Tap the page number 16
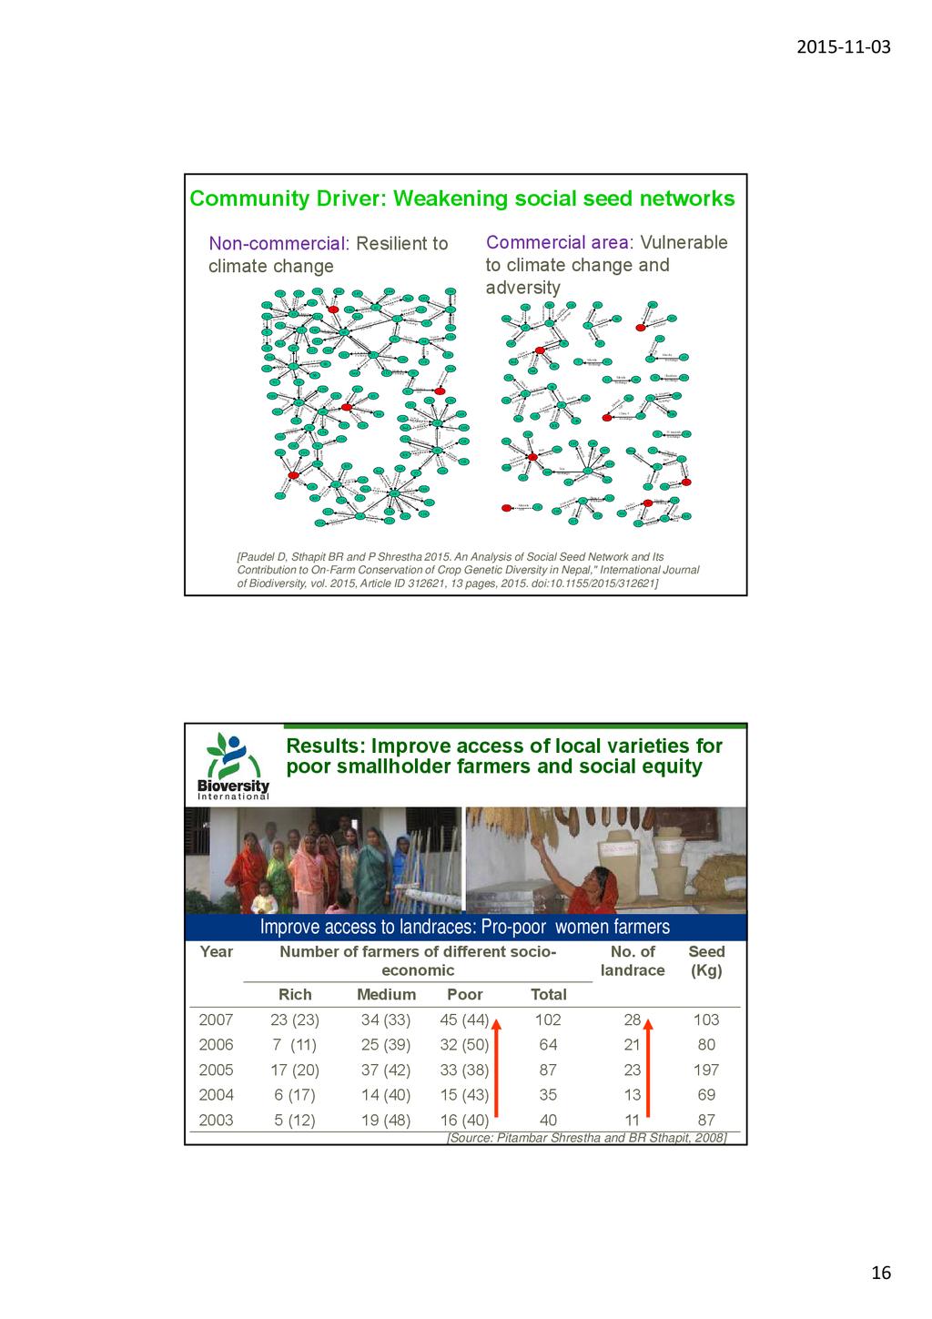880,1273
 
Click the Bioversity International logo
233,766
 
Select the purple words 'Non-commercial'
278,244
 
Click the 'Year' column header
216,952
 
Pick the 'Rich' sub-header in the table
294,995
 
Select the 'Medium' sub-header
386,995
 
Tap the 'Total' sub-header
548,995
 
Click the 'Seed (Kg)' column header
706,961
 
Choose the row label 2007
216,1020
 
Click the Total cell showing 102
548,1020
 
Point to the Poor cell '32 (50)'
464,1045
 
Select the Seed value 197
706,1070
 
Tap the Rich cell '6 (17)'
295,1095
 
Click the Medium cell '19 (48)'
386,1121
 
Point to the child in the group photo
264,897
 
